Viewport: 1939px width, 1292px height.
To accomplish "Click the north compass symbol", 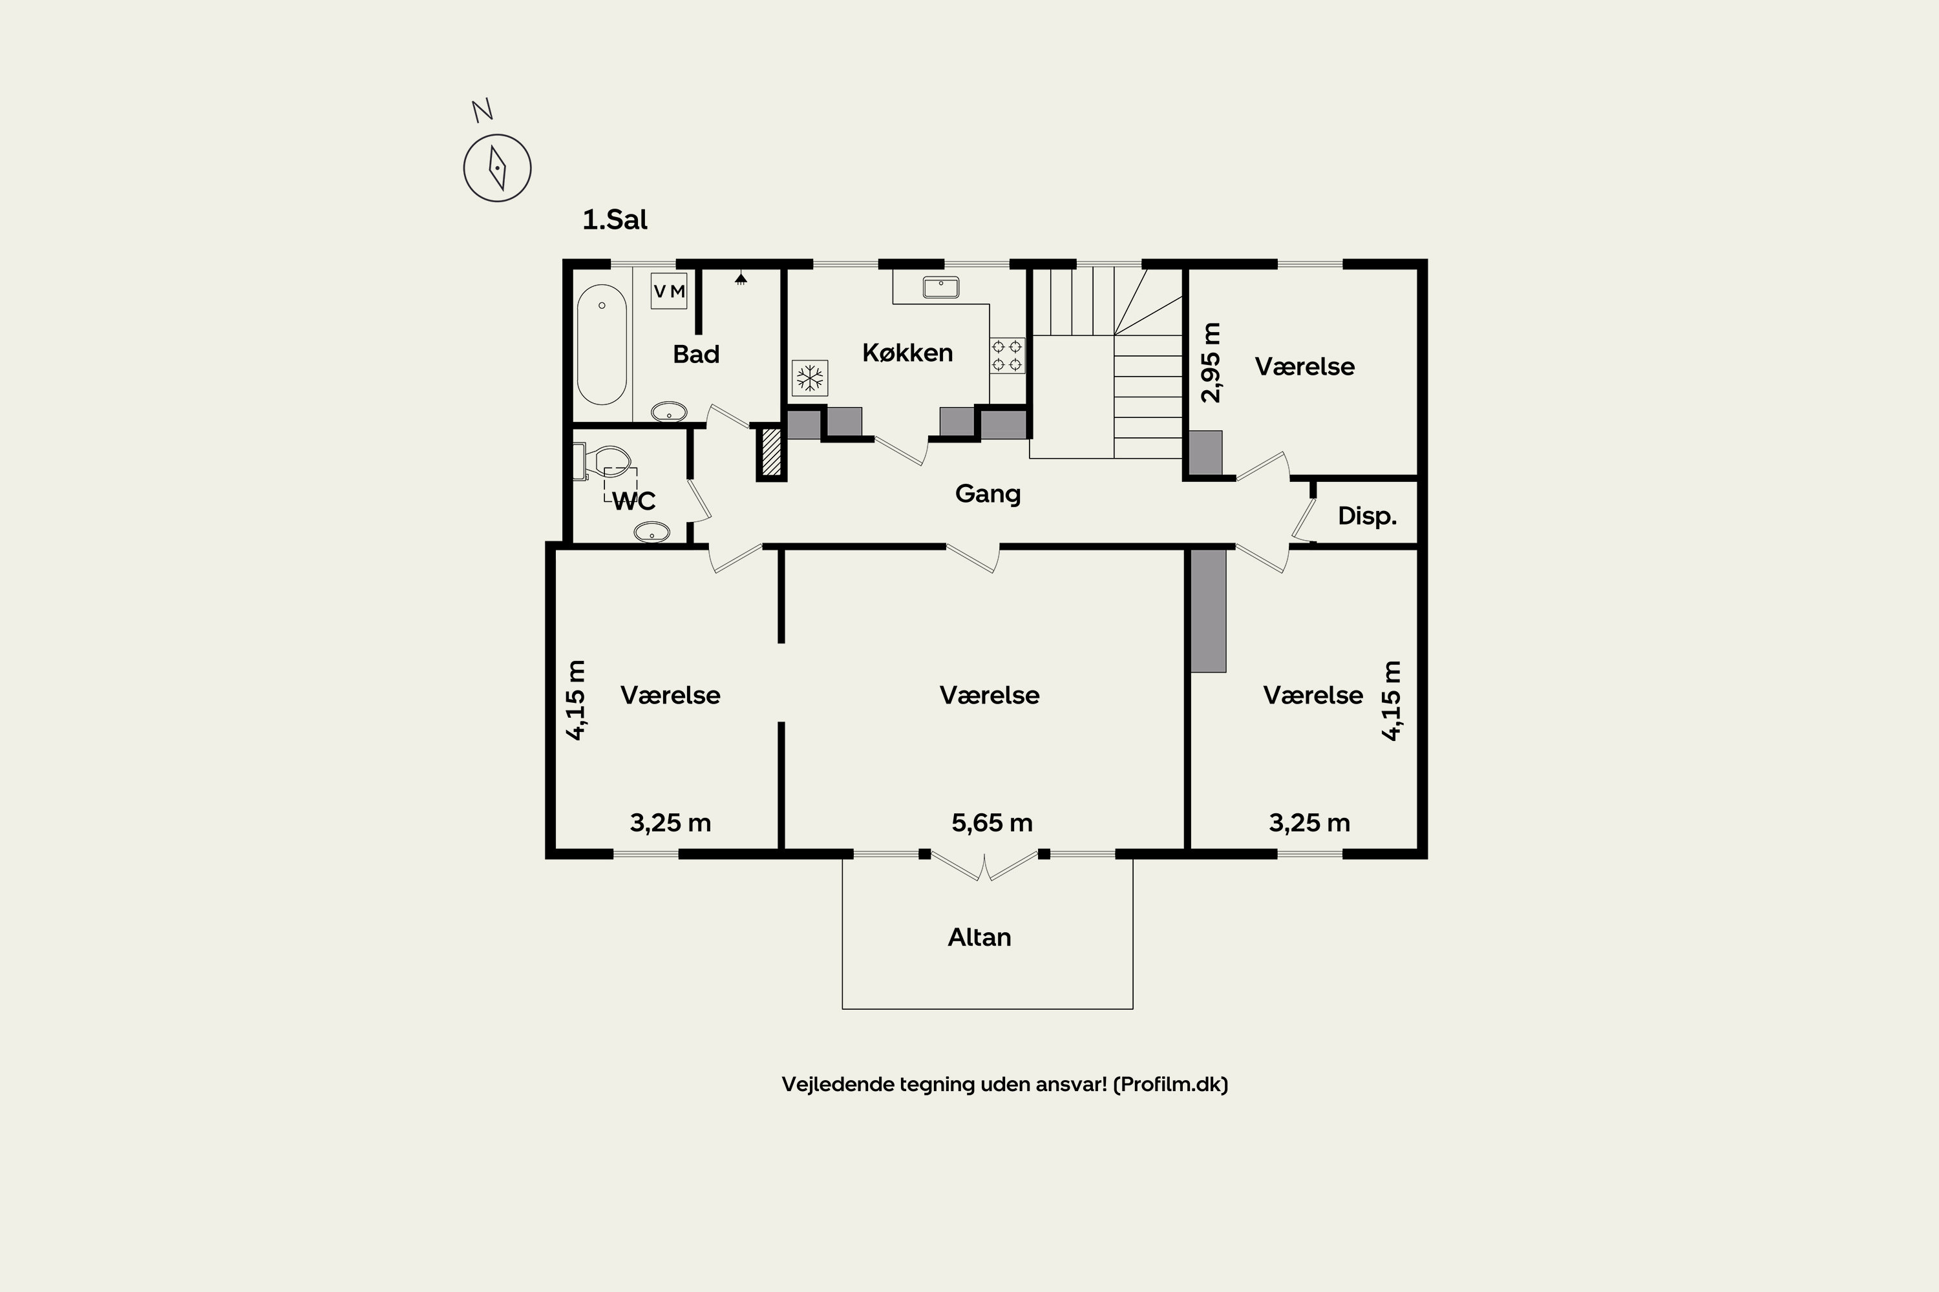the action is [x=497, y=168].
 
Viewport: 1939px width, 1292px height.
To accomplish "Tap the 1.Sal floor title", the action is [x=615, y=220].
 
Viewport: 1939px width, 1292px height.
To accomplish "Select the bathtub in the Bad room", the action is [x=602, y=344].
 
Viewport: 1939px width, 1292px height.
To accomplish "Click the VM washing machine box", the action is [x=668, y=291].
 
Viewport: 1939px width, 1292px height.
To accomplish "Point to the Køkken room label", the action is [x=907, y=353].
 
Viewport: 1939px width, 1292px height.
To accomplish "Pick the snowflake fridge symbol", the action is [x=810, y=378].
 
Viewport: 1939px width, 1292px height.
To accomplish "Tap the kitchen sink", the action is [x=940, y=287].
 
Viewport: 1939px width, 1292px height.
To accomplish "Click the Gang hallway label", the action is [x=988, y=494].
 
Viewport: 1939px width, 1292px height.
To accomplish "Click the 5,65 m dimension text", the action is [x=991, y=822].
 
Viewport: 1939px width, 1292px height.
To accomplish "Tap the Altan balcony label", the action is [x=979, y=937].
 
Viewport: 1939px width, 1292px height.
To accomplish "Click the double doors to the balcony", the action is [x=984, y=865].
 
